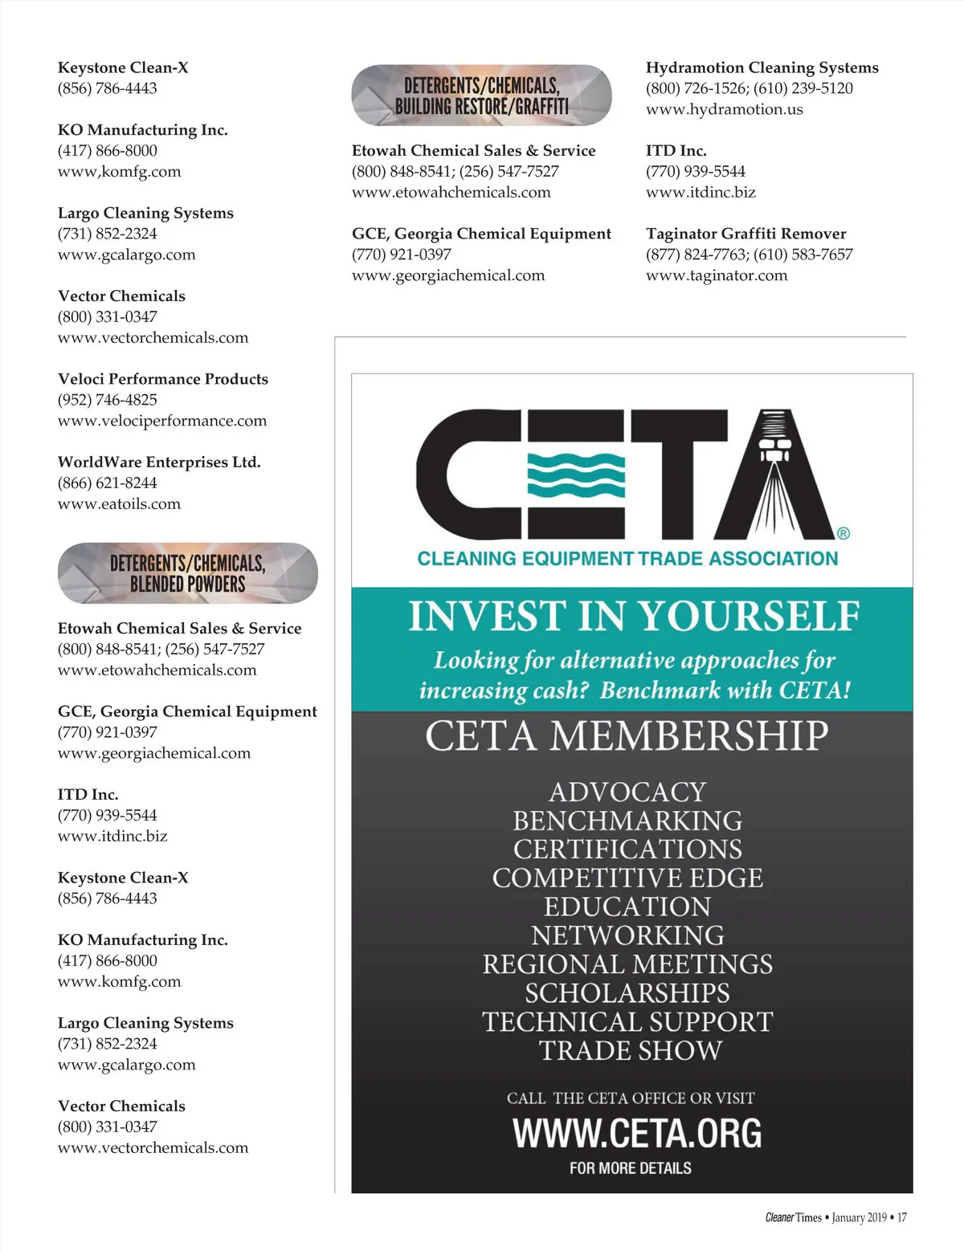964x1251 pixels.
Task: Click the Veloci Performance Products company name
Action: [163, 379]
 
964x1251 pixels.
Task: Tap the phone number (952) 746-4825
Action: [108, 400]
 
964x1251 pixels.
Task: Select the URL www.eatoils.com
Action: [119, 504]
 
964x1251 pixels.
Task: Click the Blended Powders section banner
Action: [188, 573]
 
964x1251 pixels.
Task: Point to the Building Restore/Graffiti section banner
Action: [481, 96]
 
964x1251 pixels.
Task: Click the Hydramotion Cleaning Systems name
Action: [762, 67]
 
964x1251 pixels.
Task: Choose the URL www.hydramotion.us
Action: [724, 109]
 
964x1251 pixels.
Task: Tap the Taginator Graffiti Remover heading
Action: [745, 234]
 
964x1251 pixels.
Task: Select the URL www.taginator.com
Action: [717, 275]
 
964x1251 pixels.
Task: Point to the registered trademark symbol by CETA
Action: [843, 533]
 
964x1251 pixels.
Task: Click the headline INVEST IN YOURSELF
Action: [633, 617]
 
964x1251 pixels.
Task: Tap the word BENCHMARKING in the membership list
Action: [627, 821]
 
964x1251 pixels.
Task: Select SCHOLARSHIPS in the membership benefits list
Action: [627, 993]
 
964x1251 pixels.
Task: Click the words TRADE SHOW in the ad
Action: [630, 1050]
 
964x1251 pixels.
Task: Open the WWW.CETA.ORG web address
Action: [636, 1133]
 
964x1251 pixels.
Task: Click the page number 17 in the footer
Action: [901, 1217]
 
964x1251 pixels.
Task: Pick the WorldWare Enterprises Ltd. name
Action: [159, 463]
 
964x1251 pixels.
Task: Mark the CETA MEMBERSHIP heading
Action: [627, 736]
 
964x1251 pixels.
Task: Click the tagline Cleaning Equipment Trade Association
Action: [627, 559]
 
